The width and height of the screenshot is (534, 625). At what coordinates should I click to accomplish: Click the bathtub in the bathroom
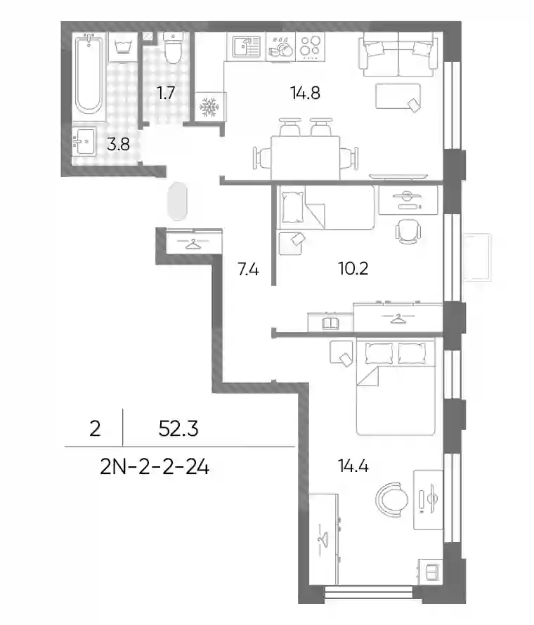[x=89, y=74]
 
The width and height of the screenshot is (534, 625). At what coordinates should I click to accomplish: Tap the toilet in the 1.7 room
[x=173, y=48]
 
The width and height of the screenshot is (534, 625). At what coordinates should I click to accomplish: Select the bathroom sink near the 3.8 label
[x=84, y=141]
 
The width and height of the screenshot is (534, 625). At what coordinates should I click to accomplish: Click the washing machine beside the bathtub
[x=123, y=47]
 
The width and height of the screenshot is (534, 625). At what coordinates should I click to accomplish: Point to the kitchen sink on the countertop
[x=246, y=46]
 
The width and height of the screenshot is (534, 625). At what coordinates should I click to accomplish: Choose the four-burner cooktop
[x=311, y=46]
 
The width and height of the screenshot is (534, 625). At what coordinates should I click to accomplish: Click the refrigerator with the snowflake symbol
[x=210, y=107]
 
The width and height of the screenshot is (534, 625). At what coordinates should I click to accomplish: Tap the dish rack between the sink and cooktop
[x=280, y=46]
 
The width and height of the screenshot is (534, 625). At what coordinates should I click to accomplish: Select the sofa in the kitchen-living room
[x=398, y=54]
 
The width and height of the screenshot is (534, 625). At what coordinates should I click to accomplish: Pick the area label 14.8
[x=306, y=93]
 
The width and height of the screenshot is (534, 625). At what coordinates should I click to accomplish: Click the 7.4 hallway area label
[x=248, y=270]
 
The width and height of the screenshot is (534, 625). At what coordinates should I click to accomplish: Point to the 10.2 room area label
[x=353, y=269]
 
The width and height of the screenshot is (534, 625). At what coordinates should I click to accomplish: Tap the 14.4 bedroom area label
[x=353, y=466]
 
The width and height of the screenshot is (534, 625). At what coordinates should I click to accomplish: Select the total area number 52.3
[x=178, y=429]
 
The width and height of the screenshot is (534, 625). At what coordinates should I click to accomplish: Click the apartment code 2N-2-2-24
[x=155, y=467]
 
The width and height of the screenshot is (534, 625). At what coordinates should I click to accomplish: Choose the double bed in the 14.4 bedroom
[x=396, y=387]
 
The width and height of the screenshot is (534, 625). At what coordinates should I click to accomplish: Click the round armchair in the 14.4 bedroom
[x=391, y=499]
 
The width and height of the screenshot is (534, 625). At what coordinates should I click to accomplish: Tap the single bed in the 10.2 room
[x=327, y=207]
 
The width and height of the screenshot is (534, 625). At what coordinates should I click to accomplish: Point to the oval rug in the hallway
[x=178, y=202]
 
